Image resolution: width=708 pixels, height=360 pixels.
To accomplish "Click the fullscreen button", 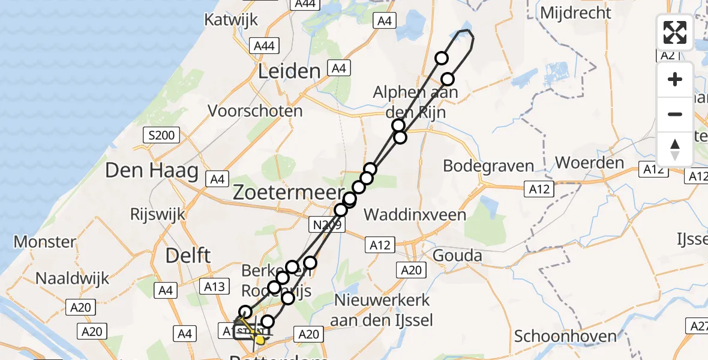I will pyautogui.click(x=675, y=32).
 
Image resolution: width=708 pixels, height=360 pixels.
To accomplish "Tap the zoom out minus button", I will pyautogui.click(x=675, y=114).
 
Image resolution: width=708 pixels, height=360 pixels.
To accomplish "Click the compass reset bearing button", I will pyautogui.click(x=675, y=149).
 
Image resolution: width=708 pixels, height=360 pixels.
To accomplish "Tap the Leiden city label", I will pyautogui.click(x=289, y=72).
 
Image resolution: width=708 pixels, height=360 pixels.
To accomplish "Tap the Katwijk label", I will pyautogui.click(x=231, y=20).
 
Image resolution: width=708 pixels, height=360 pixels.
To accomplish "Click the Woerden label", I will pyautogui.click(x=590, y=163).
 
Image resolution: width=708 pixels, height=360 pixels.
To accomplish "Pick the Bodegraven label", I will pyautogui.click(x=488, y=166).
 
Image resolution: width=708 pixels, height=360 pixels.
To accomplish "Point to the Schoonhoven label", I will pyautogui.click(x=566, y=337).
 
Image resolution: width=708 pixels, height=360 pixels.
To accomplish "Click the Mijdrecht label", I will pyautogui.click(x=575, y=13).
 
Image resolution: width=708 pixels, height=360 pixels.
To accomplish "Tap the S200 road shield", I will pyautogui.click(x=161, y=136).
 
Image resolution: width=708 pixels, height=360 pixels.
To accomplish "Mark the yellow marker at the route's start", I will pyautogui.click(x=260, y=340).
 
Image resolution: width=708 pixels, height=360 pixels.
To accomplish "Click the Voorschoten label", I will pyautogui.click(x=255, y=111).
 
